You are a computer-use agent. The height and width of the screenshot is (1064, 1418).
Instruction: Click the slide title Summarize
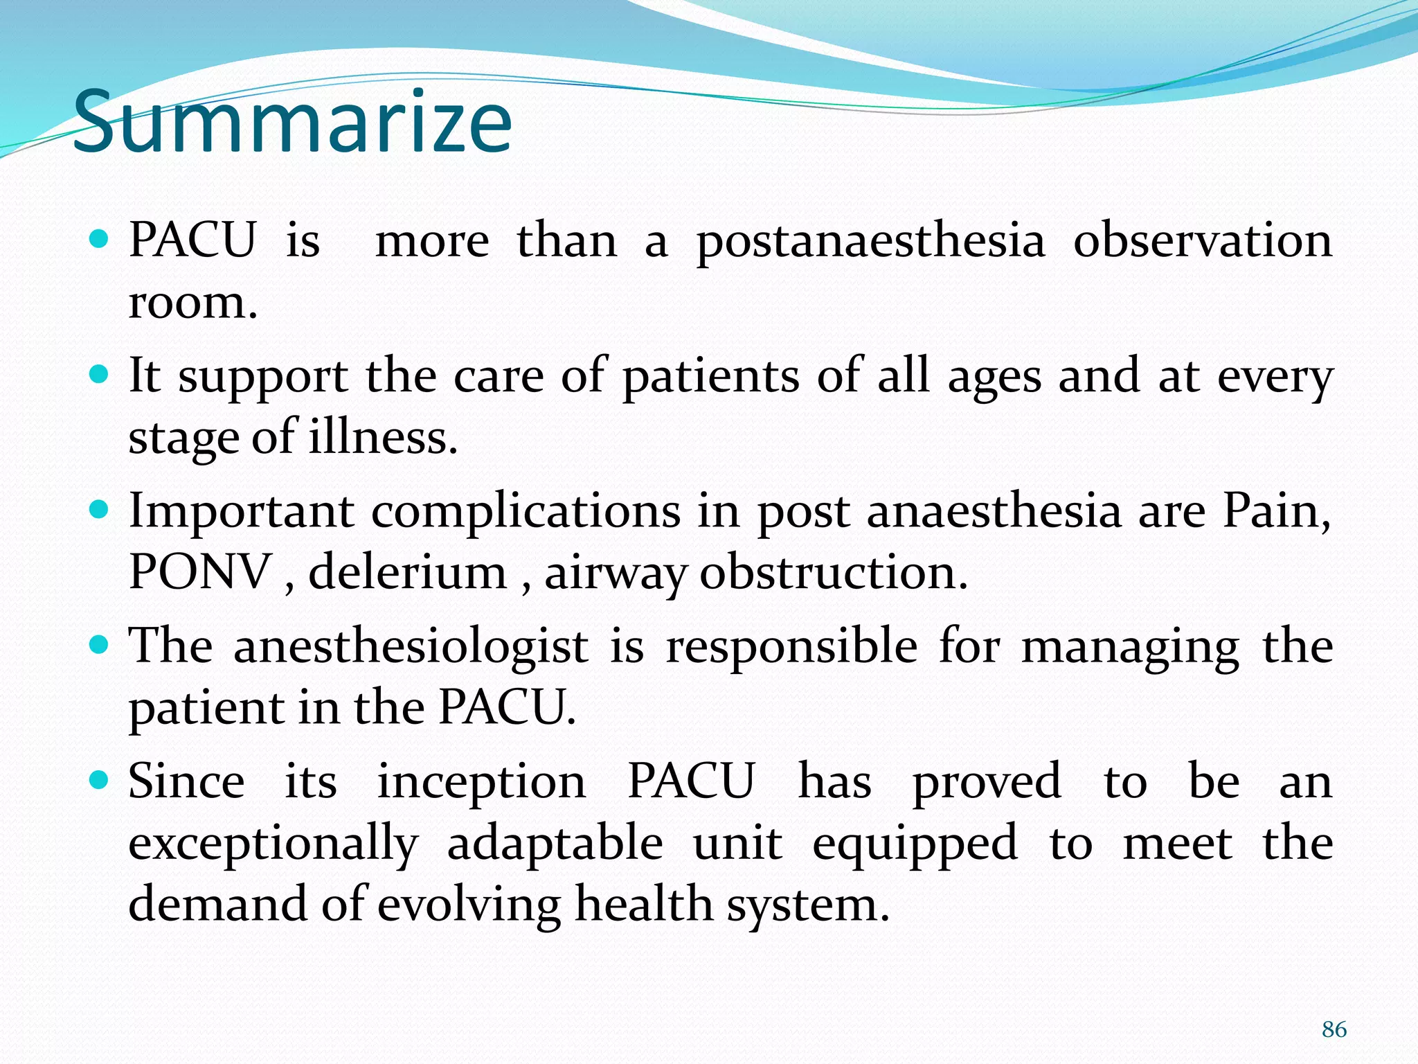point(292,123)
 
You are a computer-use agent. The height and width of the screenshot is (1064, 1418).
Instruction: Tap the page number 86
point(1334,1029)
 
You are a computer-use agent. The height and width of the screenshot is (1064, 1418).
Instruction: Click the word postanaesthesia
point(870,242)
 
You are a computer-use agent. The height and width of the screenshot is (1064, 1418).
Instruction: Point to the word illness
point(383,438)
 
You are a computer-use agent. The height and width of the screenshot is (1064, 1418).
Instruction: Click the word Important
point(242,512)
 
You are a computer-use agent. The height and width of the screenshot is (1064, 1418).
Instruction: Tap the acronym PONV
point(200,572)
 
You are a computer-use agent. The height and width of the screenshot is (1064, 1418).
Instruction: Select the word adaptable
point(555,844)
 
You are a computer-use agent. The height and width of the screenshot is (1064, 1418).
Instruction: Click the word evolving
point(469,906)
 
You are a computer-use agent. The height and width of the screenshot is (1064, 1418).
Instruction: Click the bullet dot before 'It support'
point(100,375)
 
